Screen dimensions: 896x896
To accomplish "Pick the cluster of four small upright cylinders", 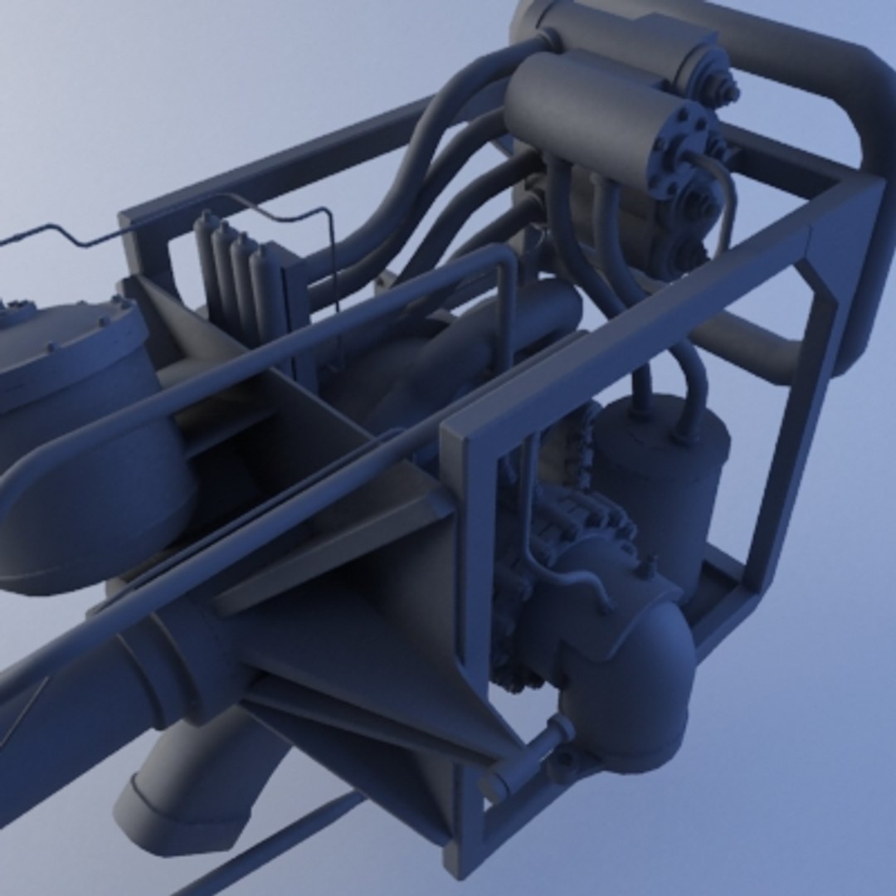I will coord(236,265).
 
